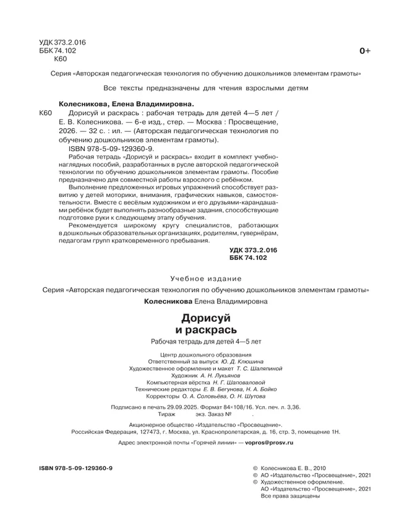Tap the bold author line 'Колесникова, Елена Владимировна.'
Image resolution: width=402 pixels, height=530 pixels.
126,105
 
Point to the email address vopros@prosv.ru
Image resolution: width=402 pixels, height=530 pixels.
270,444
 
